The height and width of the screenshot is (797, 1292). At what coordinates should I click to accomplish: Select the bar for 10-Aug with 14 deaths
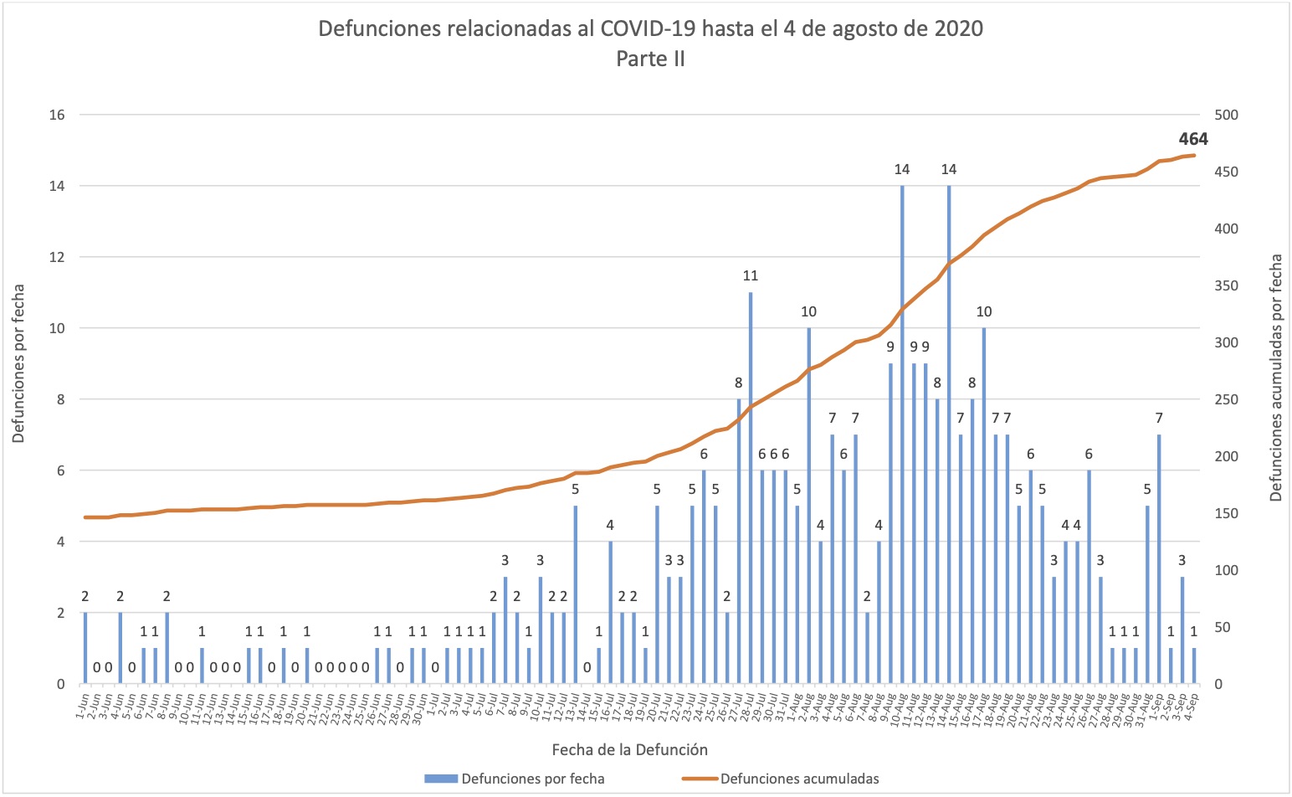[x=902, y=434]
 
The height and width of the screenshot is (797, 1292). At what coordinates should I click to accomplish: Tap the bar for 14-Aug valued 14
[x=949, y=434]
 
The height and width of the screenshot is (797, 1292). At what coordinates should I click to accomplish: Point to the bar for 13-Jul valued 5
[x=576, y=594]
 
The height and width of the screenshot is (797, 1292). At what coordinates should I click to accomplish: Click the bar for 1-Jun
[x=85, y=648]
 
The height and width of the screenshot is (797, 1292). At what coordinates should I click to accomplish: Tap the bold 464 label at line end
[x=1193, y=139]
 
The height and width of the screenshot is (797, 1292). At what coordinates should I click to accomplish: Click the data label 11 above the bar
[x=751, y=275]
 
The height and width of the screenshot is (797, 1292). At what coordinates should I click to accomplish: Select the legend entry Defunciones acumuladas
[x=799, y=779]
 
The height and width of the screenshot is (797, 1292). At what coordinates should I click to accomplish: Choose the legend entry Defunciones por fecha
[x=532, y=779]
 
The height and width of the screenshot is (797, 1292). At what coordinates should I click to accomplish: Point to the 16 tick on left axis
[x=58, y=115]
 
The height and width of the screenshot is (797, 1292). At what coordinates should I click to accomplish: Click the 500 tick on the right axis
[x=1226, y=115]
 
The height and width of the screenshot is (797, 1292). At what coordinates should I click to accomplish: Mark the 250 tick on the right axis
[x=1226, y=399]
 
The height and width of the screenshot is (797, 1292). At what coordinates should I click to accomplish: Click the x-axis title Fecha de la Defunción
[x=629, y=749]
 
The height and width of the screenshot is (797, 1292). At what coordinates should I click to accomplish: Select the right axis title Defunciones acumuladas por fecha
[x=1276, y=378]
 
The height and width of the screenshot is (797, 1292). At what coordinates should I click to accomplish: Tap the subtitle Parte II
[x=650, y=59]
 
